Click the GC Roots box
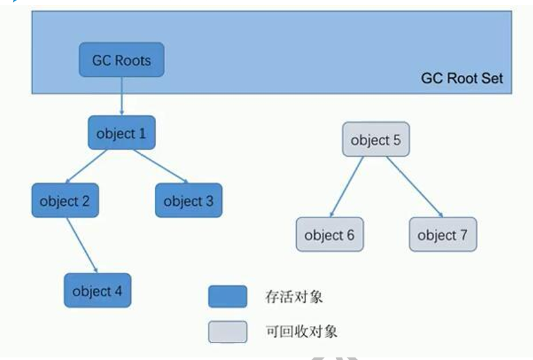121,60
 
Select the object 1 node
121,134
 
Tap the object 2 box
65,201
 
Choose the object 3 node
188,201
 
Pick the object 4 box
97,290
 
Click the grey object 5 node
375,139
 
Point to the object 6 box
329,235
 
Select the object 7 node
442,235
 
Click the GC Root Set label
462,79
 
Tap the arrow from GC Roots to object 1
121,97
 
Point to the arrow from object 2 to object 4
81,245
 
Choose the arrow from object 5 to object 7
414,187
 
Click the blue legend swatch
227,297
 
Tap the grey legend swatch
227,332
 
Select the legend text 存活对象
294,297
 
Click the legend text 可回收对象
301,332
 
